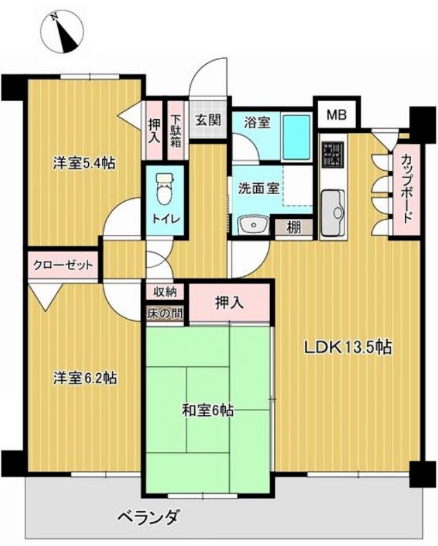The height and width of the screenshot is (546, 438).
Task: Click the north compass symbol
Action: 62,32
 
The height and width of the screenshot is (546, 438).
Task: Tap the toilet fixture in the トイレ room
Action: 164,189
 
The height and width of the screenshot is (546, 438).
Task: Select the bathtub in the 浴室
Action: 296,137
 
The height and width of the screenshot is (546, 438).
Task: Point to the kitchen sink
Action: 333,213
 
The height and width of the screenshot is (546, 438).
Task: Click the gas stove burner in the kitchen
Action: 333,154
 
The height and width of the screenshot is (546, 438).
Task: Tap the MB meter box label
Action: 337,114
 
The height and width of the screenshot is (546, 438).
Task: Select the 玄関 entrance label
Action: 208,120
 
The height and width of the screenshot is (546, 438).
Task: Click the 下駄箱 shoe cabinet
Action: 176,130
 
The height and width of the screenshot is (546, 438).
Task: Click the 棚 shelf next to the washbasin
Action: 294,228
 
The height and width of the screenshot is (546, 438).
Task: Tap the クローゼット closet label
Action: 63,265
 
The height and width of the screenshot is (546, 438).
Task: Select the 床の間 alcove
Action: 165,313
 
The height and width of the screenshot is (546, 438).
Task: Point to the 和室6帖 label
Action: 207,411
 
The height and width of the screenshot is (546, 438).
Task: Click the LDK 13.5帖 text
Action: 348,347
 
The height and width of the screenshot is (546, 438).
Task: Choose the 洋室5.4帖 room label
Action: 84,163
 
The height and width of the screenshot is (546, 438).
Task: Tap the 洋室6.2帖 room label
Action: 85,378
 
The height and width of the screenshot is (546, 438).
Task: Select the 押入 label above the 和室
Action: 229,303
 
